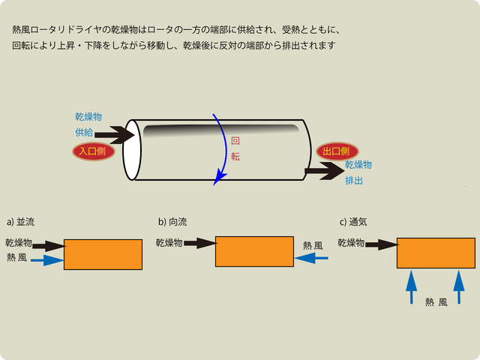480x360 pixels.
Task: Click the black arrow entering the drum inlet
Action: click(x=114, y=136)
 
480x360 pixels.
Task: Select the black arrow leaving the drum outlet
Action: click(x=323, y=172)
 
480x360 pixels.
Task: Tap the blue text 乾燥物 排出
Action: click(x=358, y=172)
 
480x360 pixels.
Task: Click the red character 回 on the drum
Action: click(x=235, y=140)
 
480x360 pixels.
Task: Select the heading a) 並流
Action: click(x=20, y=222)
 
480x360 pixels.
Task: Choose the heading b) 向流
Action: click(x=172, y=222)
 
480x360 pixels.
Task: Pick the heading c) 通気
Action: click(x=353, y=222)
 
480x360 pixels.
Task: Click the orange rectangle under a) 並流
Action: click(x=103, y=254)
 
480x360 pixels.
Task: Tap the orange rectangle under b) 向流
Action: click(x=254, y=251)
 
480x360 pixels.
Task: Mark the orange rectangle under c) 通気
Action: click(x=436, y=253)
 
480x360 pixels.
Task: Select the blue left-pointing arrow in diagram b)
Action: click(x=311, y=259)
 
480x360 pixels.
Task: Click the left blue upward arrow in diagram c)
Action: click(x=410, y=287)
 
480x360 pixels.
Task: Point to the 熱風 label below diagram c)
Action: click(x=436, y=302)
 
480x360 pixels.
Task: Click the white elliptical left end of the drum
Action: click(x=132, y=149)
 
